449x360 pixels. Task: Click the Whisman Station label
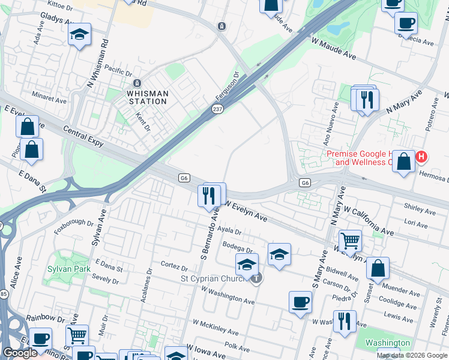147,97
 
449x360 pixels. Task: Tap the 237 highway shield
217,109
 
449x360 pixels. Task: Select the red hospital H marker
421,157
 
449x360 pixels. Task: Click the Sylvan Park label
69,269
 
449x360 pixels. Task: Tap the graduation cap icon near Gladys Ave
79,36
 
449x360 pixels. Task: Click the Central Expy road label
86,135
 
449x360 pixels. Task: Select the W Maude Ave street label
333,49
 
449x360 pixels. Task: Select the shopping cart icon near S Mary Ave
350,241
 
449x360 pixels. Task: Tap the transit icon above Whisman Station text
136,83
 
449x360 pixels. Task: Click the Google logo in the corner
19,353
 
